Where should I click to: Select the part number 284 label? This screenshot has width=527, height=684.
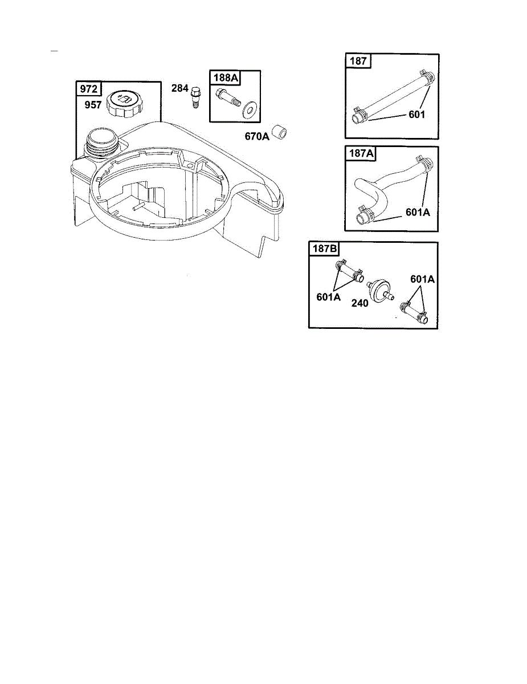coord(180,88)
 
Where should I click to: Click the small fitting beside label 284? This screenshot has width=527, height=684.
coord(195,97)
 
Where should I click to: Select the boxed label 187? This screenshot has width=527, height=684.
coord(358,61)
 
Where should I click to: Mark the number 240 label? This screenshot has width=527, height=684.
coord(359,303)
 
